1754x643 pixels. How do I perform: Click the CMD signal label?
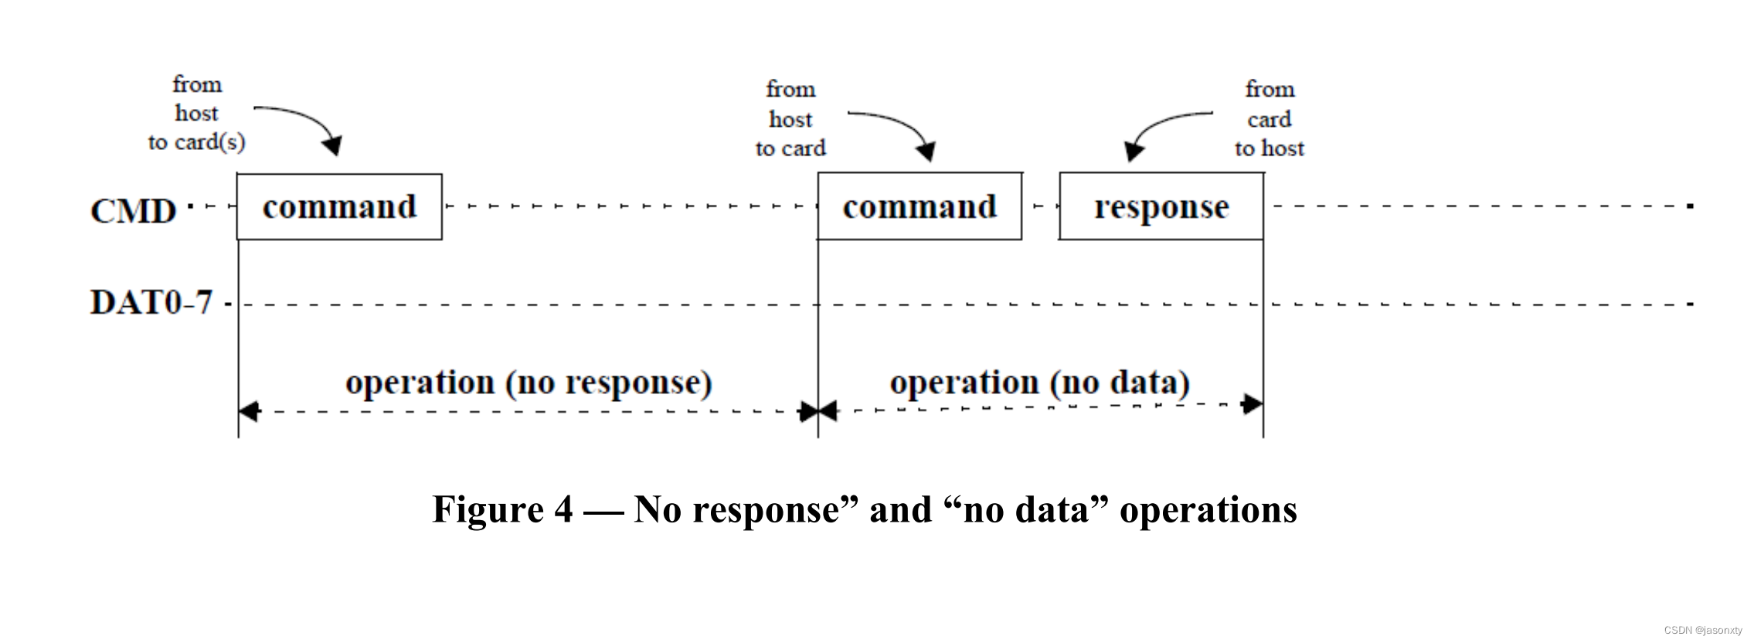[x=133, y=211]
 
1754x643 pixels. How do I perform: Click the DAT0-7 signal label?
[x=151, y=302]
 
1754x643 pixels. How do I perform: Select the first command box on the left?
[x=339, y=207]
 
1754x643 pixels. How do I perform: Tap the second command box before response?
[x=919, y=207]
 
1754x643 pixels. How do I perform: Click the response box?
[x=1161, y=207]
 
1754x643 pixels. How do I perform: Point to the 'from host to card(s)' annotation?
[x=196, y=114]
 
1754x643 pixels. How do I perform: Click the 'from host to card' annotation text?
[x=790, y=119]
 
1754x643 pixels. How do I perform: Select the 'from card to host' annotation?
[x=1269, y=119]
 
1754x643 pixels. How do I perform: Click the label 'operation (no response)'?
[x=529, y=383]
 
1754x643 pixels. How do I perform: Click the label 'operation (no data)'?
[x=1039, y=383]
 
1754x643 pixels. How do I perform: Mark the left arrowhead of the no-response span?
[x=249, y=412]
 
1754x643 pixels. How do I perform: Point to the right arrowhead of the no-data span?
[x=1252, y=403]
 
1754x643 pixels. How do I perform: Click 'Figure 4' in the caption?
[x=502, y=510]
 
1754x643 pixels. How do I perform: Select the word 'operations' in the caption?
[x=1208, y=510]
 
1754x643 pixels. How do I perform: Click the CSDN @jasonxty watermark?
[x=1703, y=631]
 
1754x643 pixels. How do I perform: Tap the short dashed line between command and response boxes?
[x=1040, y=206]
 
